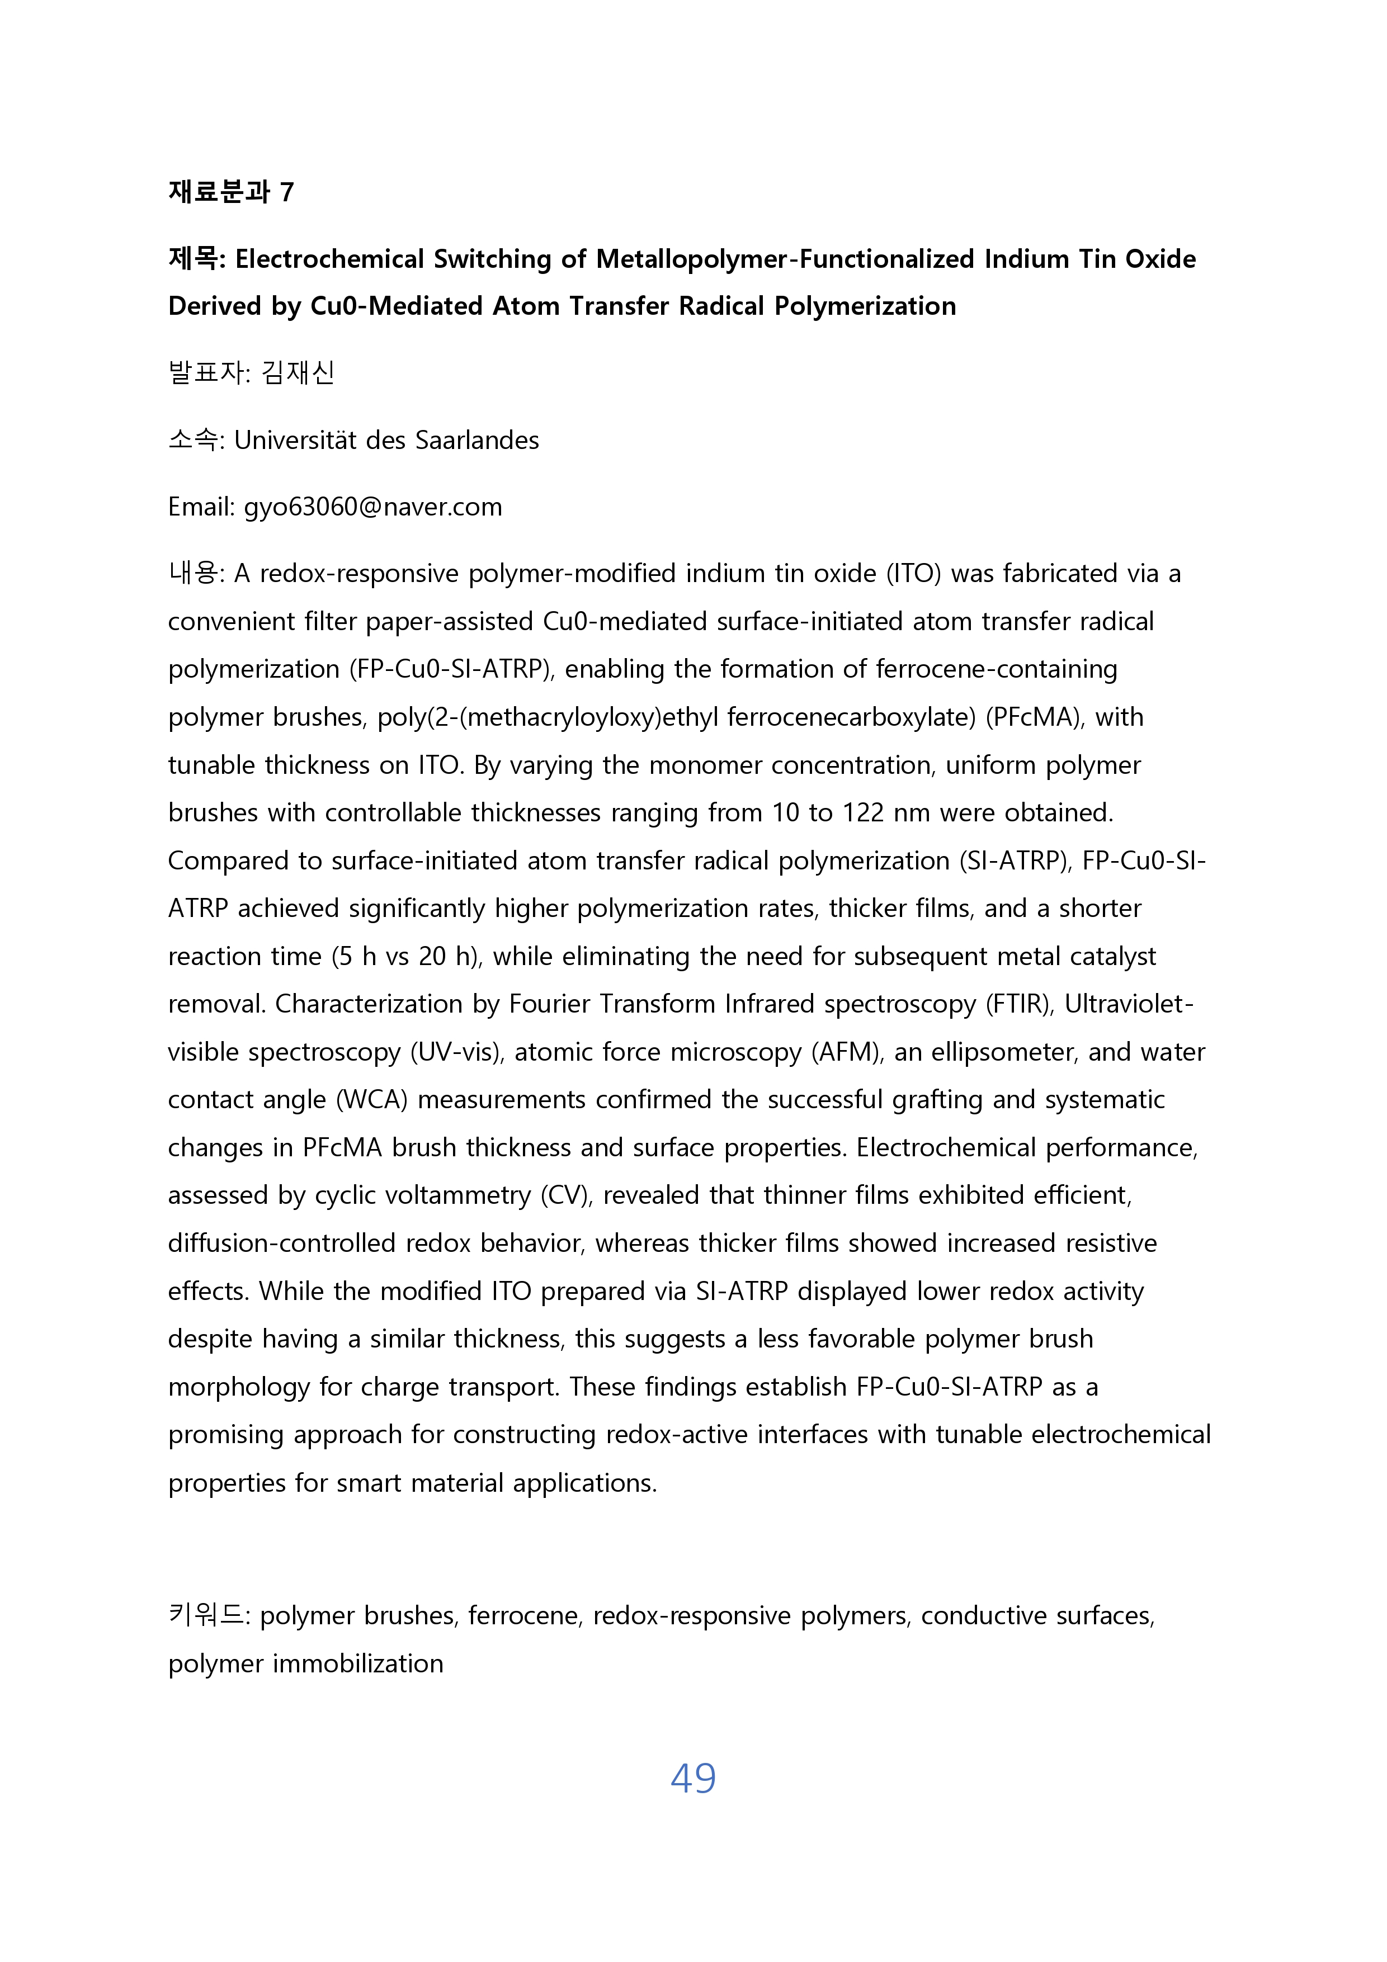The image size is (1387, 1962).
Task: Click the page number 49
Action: point(693,1778)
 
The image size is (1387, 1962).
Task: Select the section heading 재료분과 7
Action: point(231,191)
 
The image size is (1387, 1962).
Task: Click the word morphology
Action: point(238,1387)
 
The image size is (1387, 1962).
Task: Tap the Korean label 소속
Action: point(193,440)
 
